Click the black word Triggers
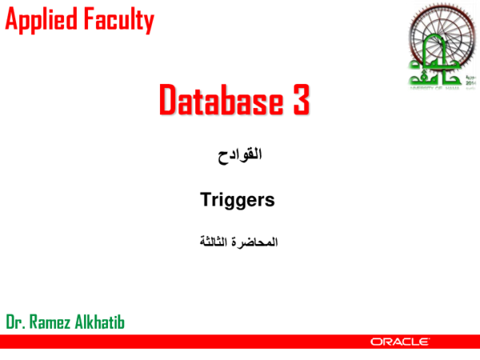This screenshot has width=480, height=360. click(x=237, y=200)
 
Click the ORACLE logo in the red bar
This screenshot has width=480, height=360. click(x=400, y=342)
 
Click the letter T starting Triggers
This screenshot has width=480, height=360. click(x=204, y=200)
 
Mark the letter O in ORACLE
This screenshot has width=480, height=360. click(x=375, y=342)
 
